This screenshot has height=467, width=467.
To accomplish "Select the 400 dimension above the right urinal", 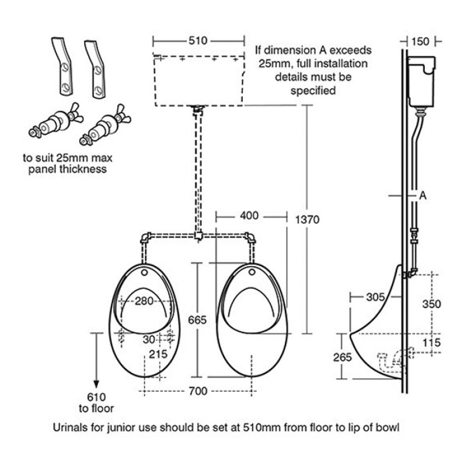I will click(x=249, y=215).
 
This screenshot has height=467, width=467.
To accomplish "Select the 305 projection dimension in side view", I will click(x=376, y=297).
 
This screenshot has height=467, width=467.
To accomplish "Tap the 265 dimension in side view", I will click(x=341, y=356).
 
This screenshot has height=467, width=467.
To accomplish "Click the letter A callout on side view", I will click(x=423, y=196).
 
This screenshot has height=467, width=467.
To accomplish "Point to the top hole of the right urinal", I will click(x=253, y=273).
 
